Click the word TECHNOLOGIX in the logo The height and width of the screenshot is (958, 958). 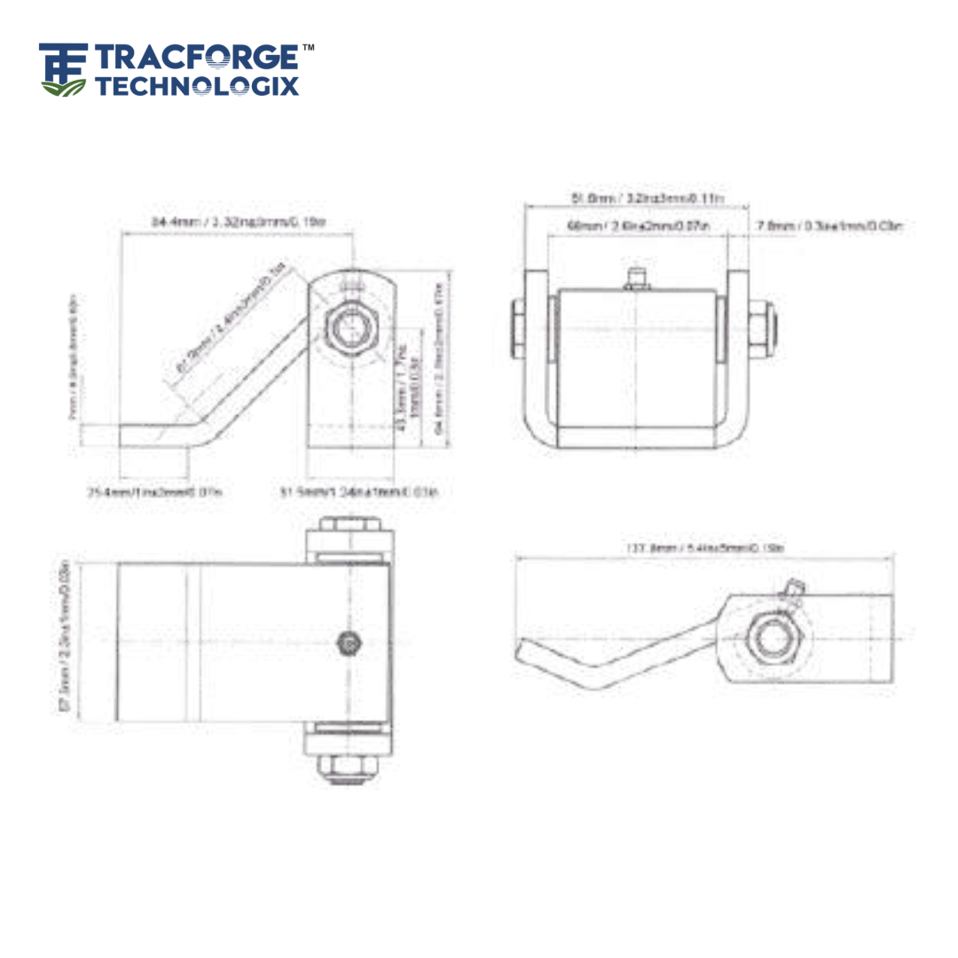point(197,86)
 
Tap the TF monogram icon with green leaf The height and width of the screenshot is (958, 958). point(64,69)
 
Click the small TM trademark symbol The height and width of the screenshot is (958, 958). point(308,47)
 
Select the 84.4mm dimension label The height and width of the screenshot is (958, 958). point(238,222)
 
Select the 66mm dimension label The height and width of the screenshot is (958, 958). point(640,227)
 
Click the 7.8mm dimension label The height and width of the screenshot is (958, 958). point(829,227)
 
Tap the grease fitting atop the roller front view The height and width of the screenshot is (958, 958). point(636,278)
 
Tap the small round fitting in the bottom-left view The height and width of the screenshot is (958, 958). point(349,642)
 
